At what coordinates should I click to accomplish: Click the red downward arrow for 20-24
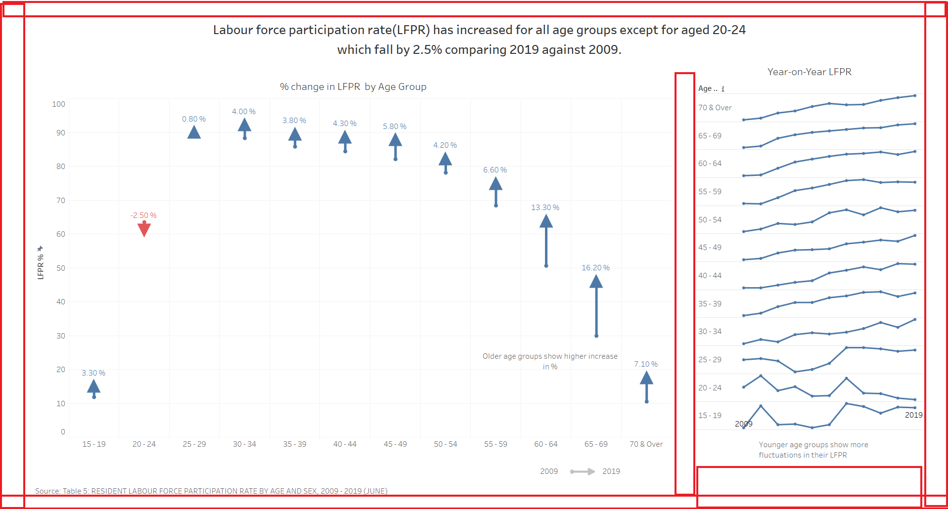144,229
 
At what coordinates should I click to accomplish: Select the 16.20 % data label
595,268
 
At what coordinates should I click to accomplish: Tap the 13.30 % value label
545,208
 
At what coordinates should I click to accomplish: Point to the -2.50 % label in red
143,215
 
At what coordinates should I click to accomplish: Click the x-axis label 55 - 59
496,444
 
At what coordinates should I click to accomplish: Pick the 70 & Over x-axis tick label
646,444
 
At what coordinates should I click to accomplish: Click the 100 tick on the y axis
58,104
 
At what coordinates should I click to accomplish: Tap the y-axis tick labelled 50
60,268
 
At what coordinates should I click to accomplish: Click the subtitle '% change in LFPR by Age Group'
353,87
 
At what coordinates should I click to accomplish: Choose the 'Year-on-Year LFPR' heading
809,72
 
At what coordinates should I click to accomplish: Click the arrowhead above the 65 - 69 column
596,282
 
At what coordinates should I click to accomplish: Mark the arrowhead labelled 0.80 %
194,132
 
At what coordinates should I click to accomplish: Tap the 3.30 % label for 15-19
93,373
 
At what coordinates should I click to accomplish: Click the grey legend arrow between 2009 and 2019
582,471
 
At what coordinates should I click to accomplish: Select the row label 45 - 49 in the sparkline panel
710,248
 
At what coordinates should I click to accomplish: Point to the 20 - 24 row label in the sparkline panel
710,388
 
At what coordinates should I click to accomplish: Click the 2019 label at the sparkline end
913,415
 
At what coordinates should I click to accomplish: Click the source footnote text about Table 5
211,491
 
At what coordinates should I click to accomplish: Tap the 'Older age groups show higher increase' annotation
550,356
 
